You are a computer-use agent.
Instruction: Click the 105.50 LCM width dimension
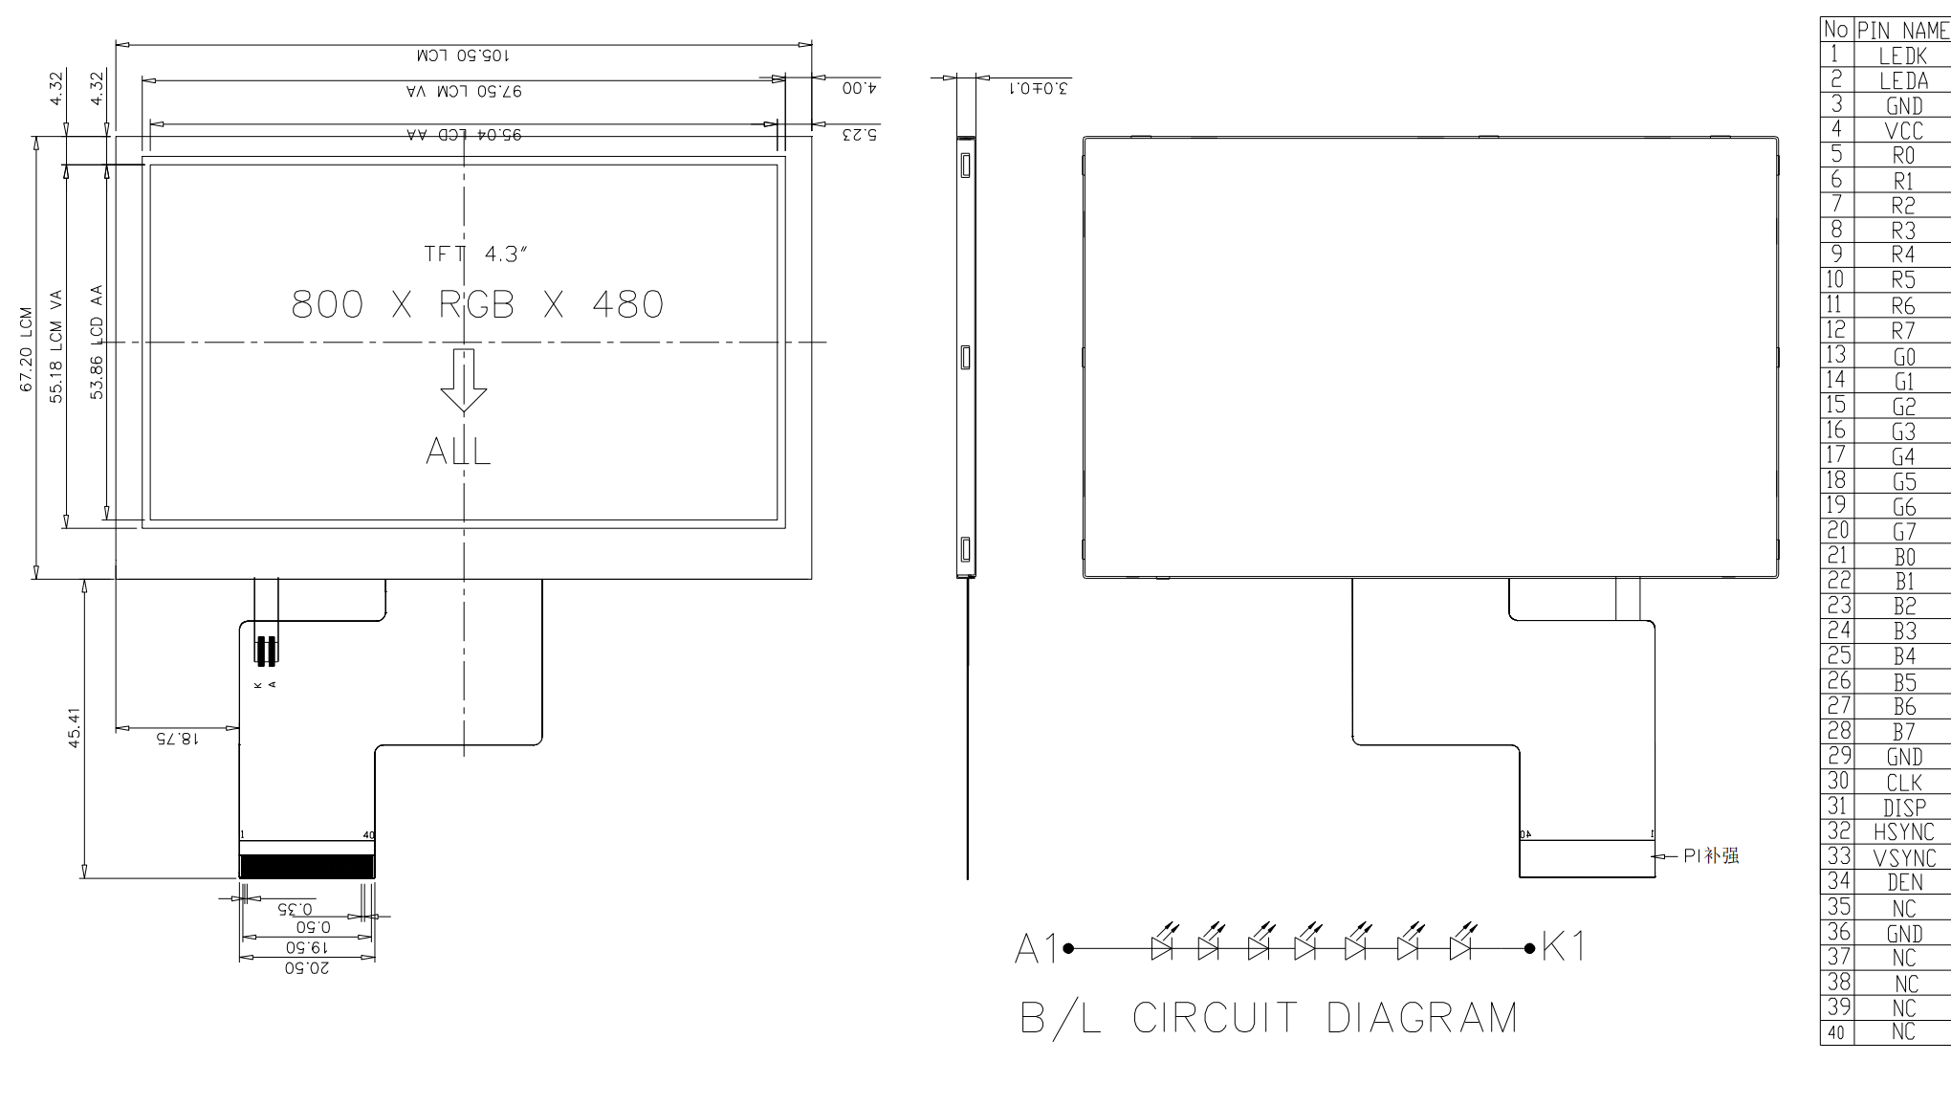(x=463, y=56)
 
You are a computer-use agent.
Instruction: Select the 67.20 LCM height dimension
(x=26, y=349)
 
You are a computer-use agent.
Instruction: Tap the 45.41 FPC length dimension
(x=75, y=728)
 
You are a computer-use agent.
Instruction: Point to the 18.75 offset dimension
(x=177, y=739)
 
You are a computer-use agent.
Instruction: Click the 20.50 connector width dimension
(x=307, y=968)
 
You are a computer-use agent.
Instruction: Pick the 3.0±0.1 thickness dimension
(x=1038, y=89)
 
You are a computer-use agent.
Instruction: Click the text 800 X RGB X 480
(x=476, y=304)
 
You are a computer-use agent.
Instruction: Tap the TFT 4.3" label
(x=476, y=254)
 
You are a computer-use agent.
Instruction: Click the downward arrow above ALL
(x=464, y=381)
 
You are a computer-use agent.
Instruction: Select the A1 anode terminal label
(x=1037, y=948)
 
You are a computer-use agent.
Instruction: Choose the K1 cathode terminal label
(x=1565, y=947)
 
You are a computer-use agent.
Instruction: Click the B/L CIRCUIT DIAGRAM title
(x=1268, y=1018)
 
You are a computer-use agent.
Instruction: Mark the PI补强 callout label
(x=1711, y=856)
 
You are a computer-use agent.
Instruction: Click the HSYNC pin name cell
(x=1903, y=832)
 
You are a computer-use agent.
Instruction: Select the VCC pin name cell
(x=1903, y=131)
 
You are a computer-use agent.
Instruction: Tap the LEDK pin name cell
(x=1903, y=56)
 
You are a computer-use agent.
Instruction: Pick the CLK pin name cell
(x=1903, y=783)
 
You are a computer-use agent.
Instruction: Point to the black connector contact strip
(x=307, y=867)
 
